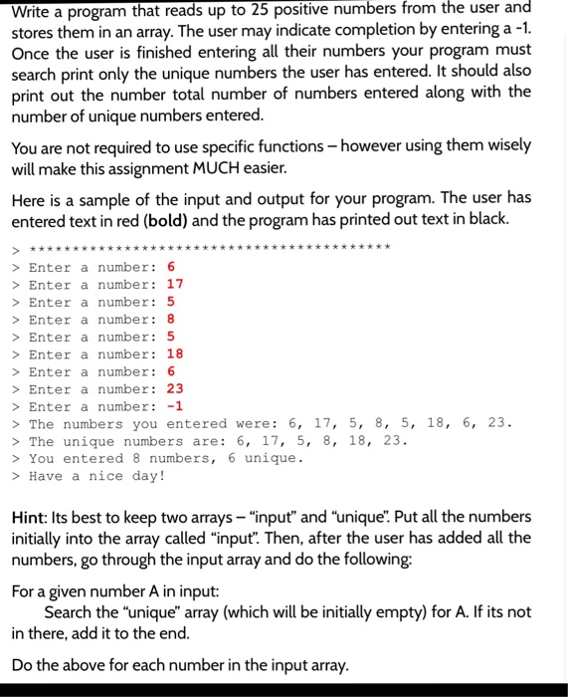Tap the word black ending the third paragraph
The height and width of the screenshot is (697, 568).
[486, 220]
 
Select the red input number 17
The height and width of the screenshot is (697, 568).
[175, 284]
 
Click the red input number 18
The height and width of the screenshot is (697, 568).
[175, 353]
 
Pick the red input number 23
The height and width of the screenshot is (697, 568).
[175, 388]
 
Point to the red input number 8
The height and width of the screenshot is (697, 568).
[171, 319]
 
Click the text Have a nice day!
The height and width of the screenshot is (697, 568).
[97, 476]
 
